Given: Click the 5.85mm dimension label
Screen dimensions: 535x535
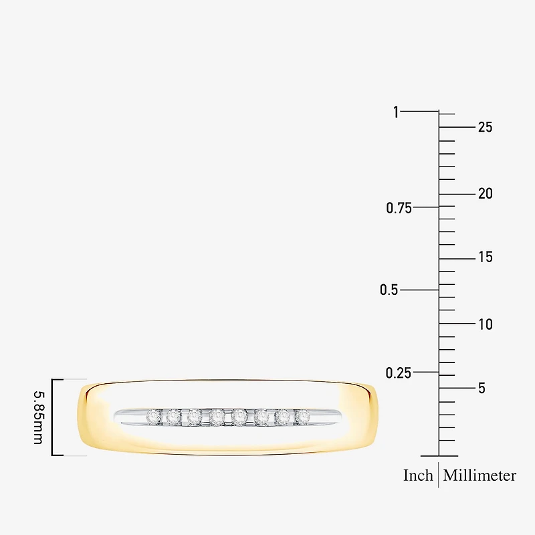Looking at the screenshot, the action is pyautogui.click(x=38, y=417).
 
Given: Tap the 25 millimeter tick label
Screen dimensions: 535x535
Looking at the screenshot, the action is pyautogui.click(x=486, y=127).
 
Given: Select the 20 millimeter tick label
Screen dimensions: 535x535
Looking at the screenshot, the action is pyautogui.click(x=486, y=194).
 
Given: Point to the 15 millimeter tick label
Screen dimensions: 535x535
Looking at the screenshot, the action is pyautogui.click(x=486, y=257).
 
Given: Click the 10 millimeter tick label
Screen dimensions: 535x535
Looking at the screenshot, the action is pyautogui.click(x=486, y=324).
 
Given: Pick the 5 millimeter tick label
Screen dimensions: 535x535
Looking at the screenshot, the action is pyautogui.click(x=481, y=389).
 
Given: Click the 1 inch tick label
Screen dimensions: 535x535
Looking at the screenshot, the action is pyautogui.click(x=396, y=112).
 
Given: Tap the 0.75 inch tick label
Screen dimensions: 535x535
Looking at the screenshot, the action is pyautogui.click(x=399, y=208).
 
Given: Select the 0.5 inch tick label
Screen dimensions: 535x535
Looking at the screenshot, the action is pyautogui.click(x=389, y=290).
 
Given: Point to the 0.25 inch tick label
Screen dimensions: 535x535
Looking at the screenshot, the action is pyautogui.click(x=399, y=373).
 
